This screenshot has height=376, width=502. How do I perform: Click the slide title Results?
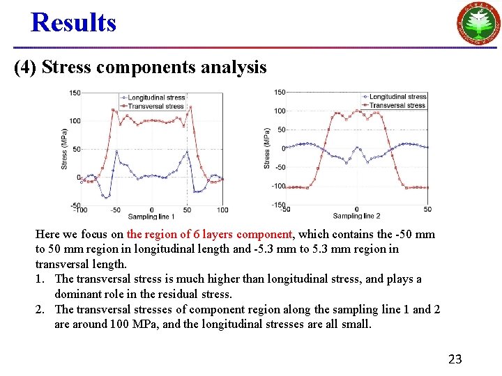click(73, 22)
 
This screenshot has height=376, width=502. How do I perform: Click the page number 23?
click(455, 359)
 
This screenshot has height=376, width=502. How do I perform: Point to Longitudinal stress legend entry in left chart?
click(155, 98)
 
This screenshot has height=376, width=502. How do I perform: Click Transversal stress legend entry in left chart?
click(155, 106)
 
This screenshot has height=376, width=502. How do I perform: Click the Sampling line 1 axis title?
click(153, 217)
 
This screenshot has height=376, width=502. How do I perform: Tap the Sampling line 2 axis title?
click(356, 216)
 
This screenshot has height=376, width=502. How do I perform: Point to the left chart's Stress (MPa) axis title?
click(64, 149)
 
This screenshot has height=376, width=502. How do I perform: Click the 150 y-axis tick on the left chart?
click(74, 93)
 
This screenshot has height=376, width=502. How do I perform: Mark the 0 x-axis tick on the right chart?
click(356, 209)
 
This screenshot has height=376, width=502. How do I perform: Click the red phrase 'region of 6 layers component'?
click(209, 235)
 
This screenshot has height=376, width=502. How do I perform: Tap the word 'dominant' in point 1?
click(78, 294)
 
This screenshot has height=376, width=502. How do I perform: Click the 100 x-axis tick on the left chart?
click(222, 210)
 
